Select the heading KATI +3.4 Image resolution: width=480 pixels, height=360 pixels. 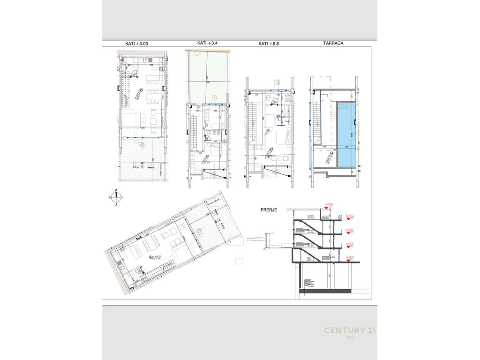click(x=207, y=43)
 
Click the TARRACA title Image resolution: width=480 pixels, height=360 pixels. click(x=333, y=43)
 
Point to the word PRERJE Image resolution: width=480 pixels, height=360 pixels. click(x=269, y=210)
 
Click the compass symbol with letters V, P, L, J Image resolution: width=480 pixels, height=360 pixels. click(x=116, y=197)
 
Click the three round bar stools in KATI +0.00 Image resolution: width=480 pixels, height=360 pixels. click(x=137, y=165)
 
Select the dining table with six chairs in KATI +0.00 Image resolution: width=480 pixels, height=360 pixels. click(x=153, y=96)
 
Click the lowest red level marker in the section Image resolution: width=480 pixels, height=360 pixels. click(x=349, y=257)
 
